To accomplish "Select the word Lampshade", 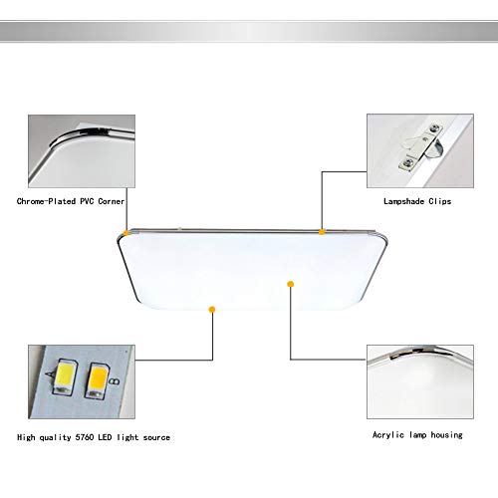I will pyautogui.click(x=405, y=201).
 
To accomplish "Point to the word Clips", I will pyautogui.click(x=439, y=201).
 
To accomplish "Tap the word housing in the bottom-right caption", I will pyautogui.click(x=456, y=435).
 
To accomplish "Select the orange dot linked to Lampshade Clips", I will pyautogui.click(x=322, y=232).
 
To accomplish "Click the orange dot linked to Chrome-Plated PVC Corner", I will pyautogui.click(x=124, y=233).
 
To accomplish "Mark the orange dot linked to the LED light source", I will pyautogui.click(x=211, y=310).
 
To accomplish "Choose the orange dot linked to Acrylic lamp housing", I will pyautogui.click(x=290, y=284).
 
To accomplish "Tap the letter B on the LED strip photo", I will pyautogui.click(x=118, y=378).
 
